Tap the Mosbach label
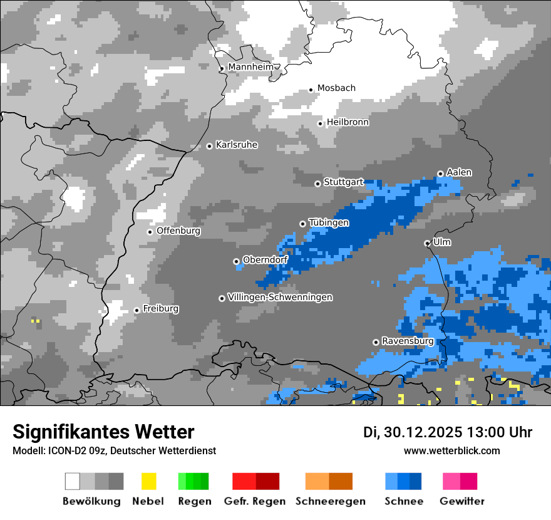tap(336, 88)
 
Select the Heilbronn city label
tap(348, 122)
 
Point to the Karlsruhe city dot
tap(209, 146)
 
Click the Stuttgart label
tap(344, 182)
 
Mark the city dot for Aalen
tap(440, 174)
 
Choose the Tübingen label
tap(329, 222)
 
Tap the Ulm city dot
tap(427, 243)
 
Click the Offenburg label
tap(178, 231)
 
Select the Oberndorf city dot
tap(236, 261)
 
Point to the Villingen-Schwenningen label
tap(280, 297)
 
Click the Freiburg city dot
tap(136, 310)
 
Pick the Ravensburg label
tap(408, 341)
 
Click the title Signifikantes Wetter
tap(103, 432)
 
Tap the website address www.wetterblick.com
tap(451, 451)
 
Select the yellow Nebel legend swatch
tap(148, 481)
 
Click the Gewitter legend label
tap(462, 501)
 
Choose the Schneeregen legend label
tap(331, 501)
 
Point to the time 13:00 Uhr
tap(500, 432)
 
